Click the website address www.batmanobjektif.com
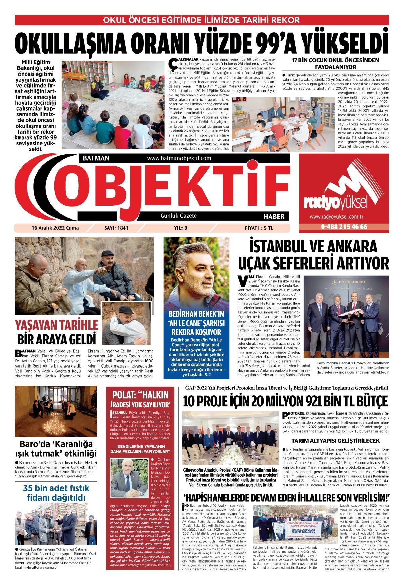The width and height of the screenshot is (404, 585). pos(179,158)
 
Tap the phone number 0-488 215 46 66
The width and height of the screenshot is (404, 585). pos(344,227)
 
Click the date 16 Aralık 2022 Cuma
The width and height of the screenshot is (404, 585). pos(55,228)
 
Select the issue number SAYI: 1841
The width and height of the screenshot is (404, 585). pos(116,228)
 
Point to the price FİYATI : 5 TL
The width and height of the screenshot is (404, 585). pos(259,228)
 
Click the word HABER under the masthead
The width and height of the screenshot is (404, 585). pos(274,216)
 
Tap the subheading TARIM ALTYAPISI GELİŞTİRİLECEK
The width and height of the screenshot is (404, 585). pos(335,440)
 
